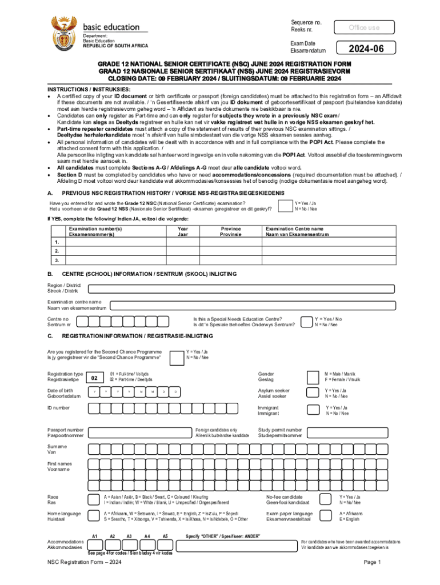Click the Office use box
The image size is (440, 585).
(x=364, y=27)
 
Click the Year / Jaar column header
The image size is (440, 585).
(x=182, y=231)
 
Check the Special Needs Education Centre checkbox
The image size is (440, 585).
(x=305, y=321)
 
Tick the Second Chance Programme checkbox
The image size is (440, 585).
(x=175, y=355)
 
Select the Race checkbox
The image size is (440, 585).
(x=93, y=499)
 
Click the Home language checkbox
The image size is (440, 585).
(x=93, y=516)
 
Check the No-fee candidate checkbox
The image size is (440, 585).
(x=326, y=499)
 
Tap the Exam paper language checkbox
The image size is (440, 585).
(x=326, y=516)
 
